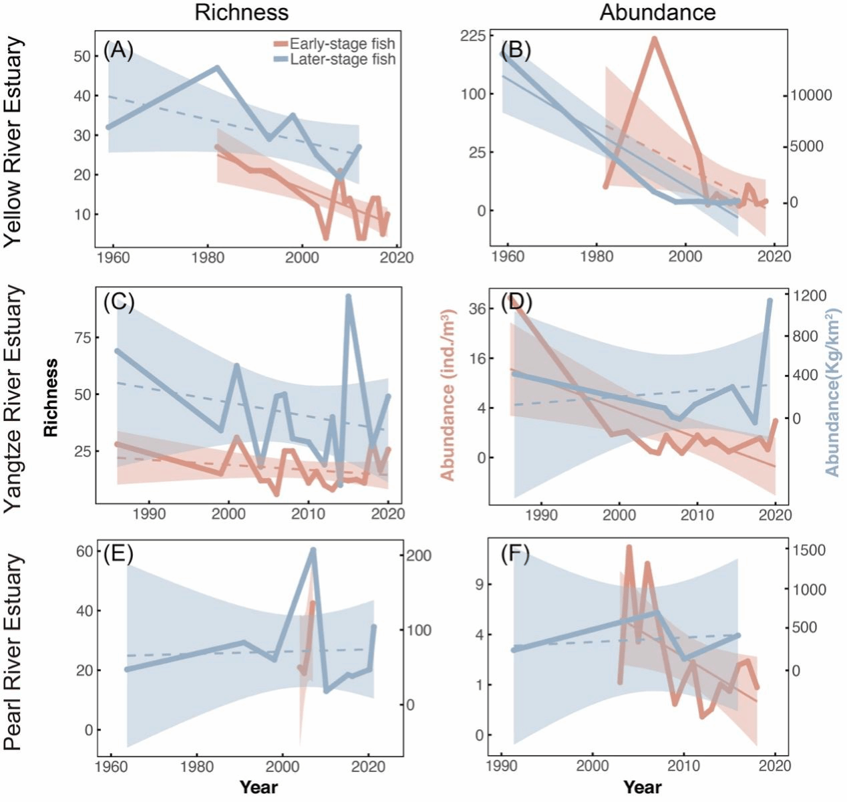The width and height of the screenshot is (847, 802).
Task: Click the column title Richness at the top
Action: [x=241, y=12]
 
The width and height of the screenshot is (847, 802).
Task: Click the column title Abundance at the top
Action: [x=657, y=12]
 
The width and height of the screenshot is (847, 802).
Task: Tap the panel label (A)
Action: [x=118, y=50]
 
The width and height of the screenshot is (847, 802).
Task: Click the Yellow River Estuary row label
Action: [x=14, y=143]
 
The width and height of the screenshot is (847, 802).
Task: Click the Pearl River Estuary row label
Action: [x=14, y=652]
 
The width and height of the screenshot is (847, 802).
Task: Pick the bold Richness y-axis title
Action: [x=51, y=398]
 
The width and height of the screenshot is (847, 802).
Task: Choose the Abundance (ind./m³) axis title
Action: [x=448, y=394]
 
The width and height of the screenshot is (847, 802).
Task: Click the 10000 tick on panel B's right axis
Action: [x=812, y=95]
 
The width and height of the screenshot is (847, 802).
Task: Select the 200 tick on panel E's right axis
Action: [x=417, y=555]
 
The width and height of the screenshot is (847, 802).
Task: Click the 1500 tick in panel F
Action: [x=809, y=550]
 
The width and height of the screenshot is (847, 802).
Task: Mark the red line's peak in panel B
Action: [x=655, y=38]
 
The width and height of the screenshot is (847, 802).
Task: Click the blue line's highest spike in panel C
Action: [x=348, y=296]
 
